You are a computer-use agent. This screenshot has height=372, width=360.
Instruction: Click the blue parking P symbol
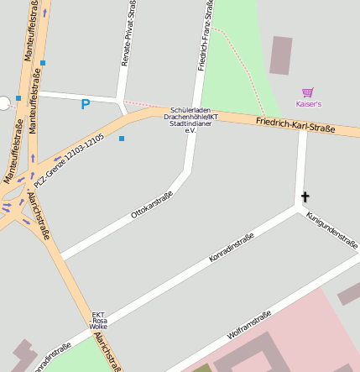click(x=85, y=105)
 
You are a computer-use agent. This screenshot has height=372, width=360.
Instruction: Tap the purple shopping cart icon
click(x=308, y=93)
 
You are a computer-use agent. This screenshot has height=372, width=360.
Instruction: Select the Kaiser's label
click(x=308, y=104)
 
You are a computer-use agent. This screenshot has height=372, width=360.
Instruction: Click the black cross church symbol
click(x=305, y=197)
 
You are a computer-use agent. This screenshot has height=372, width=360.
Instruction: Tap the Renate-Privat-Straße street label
click(x=128, y=34)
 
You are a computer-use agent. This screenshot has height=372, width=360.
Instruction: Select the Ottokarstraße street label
click(x=152, y=205)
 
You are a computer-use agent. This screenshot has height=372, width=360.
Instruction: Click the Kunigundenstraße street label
click(x=332, y=228)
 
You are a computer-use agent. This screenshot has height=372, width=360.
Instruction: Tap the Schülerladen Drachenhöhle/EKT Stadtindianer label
click(x=190, y=120)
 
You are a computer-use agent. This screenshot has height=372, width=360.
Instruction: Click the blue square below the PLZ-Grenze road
click(x=122, y=139)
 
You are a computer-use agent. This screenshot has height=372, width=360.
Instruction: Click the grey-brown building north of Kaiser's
click(x=281, y=55)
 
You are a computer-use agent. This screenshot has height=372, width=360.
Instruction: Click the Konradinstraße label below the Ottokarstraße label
click(x=231, y=249)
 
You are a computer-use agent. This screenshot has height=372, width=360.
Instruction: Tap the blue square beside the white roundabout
click(x=18, y=98)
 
